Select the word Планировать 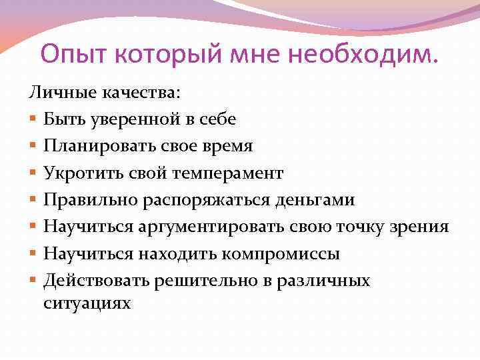[93, 146]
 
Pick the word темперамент [228, 173]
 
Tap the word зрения [421, 227]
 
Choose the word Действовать [97, 281]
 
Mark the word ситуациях [88, 303]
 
